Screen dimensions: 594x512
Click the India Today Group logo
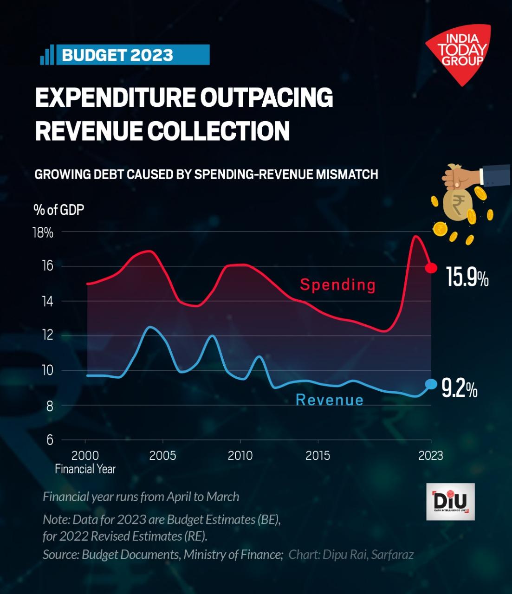pos(458,54)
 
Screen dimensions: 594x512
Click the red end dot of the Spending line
pos(431,268)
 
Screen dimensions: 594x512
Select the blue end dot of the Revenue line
pos(431,384)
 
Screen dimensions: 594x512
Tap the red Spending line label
pos(337,284)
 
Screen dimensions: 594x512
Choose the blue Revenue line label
pos(330,400)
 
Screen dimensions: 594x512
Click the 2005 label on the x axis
pos(162,455)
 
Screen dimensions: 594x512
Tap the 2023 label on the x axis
pos(430,455)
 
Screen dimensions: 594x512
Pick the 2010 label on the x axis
pos(240,455)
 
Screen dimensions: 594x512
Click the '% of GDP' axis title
pos(59,210)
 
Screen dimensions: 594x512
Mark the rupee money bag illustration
pos(458,202)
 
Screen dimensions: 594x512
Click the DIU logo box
pos(450,501)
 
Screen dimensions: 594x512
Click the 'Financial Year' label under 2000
pos(85,469)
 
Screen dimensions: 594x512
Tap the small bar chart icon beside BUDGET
pos(47,55)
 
